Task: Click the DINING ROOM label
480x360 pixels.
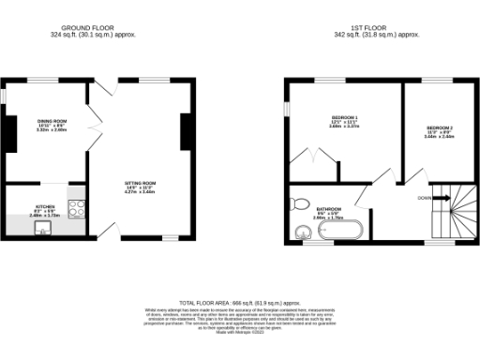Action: tap(52, 122)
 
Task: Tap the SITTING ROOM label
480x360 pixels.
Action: tap(141, 183)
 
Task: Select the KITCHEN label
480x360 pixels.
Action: tap(45, 205)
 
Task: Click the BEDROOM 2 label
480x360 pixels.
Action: tap(440, 127)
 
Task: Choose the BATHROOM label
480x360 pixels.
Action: tap(328, 209)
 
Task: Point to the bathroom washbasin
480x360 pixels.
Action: tap(303, 232)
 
